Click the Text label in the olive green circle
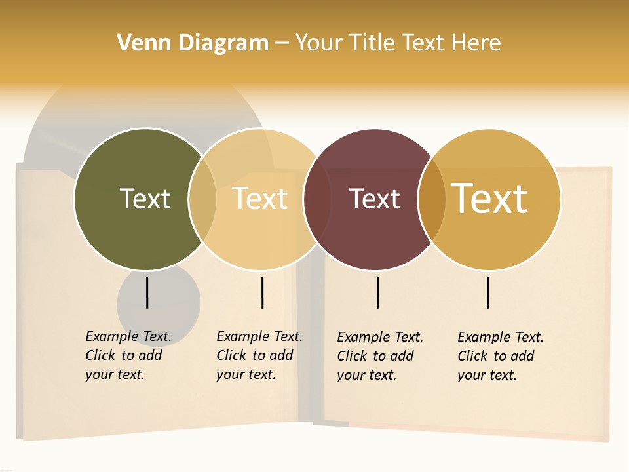pyautogui.click(x=145, y=199)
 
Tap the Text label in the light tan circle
pyautogui.click(x=260, y=199)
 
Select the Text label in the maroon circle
pyautogui.click(x=374, y=199)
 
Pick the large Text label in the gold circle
pyautogui.click(x=489, y=199)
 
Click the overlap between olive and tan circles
pyautogui.click(x=202, y=199)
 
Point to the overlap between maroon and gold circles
pyautogui.click(x=432, y=199)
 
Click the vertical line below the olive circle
pyautogui.click(x=147, y=292)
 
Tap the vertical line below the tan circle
pyautogui.click(x=262, y=292)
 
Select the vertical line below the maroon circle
pyautogui.click(x=378, y=292)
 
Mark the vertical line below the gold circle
pyautogui.click(x=488, y=292)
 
